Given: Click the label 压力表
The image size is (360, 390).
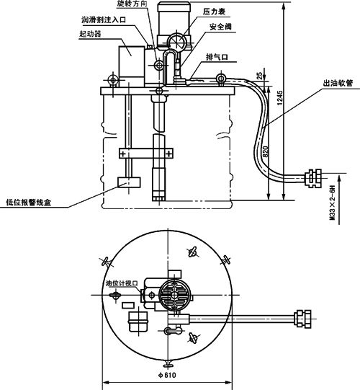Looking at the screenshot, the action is pos(214,12).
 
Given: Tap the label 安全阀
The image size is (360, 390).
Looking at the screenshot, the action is pos(220,27).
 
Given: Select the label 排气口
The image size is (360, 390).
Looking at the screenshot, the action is pos(217,57).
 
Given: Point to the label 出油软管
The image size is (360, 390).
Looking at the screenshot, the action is pos(338,83).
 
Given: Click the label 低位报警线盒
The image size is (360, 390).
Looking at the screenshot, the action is pos(29,203).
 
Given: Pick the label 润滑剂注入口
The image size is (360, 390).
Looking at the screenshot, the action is pos(104,19).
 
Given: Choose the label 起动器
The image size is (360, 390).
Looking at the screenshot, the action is pos(90,34).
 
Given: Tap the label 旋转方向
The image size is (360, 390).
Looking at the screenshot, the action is pos(132,4).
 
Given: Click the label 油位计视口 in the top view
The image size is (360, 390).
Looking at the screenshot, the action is pos(122,283).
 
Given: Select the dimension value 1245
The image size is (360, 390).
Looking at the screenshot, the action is pos(280,98).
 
